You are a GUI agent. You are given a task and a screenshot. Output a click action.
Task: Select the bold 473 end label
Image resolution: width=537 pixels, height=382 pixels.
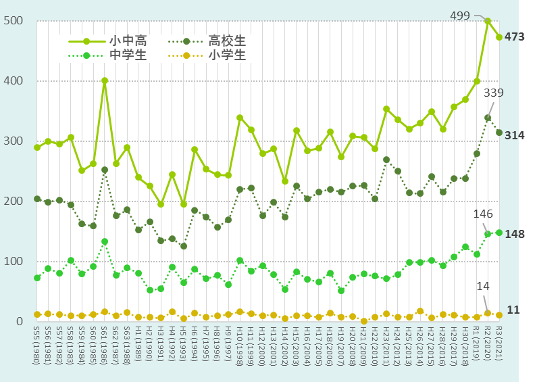coord(515,37)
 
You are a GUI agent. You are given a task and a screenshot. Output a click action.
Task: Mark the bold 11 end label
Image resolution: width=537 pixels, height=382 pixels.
coord(513,310)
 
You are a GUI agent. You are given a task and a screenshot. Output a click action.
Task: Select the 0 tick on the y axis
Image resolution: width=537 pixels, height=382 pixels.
coord(21,322)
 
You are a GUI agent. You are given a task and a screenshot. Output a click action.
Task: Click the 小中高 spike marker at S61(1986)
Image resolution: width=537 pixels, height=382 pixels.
coord(105,80)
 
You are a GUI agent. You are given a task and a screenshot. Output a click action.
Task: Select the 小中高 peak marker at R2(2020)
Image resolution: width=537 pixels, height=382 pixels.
coord(488,21)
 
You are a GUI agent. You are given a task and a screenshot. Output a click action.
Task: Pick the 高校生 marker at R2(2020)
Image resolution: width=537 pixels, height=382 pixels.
coord(488,118)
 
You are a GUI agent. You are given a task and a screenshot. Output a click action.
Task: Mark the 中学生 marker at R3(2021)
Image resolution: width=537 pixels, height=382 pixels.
coord(499,233)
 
